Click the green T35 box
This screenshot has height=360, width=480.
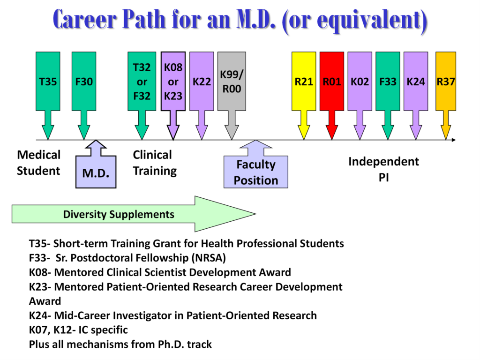(48, 82)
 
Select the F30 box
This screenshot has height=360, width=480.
(84, 82)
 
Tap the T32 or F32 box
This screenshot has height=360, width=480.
(142, 82)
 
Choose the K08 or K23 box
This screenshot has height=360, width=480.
(173, 82)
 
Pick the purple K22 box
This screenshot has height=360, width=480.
(202, 82)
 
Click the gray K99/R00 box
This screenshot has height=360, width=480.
(232, 82)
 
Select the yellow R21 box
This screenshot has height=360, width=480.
(304, 82)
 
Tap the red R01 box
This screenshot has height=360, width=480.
(332, 82)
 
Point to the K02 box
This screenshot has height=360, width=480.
(360, 82)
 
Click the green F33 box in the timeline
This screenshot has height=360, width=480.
(388, 82)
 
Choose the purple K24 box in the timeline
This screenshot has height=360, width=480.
(416, 82)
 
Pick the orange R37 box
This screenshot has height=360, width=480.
(446, 82)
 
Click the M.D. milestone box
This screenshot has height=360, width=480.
(96, 172)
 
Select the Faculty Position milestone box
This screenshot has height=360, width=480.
(256, 172)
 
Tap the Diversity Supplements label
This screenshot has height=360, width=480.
(119, 214)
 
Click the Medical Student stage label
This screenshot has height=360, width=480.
(38, 163)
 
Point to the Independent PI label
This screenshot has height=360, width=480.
(383, 169)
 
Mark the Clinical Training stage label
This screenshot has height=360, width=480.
(155, 163)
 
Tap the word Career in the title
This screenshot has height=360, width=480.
(85, 20)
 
